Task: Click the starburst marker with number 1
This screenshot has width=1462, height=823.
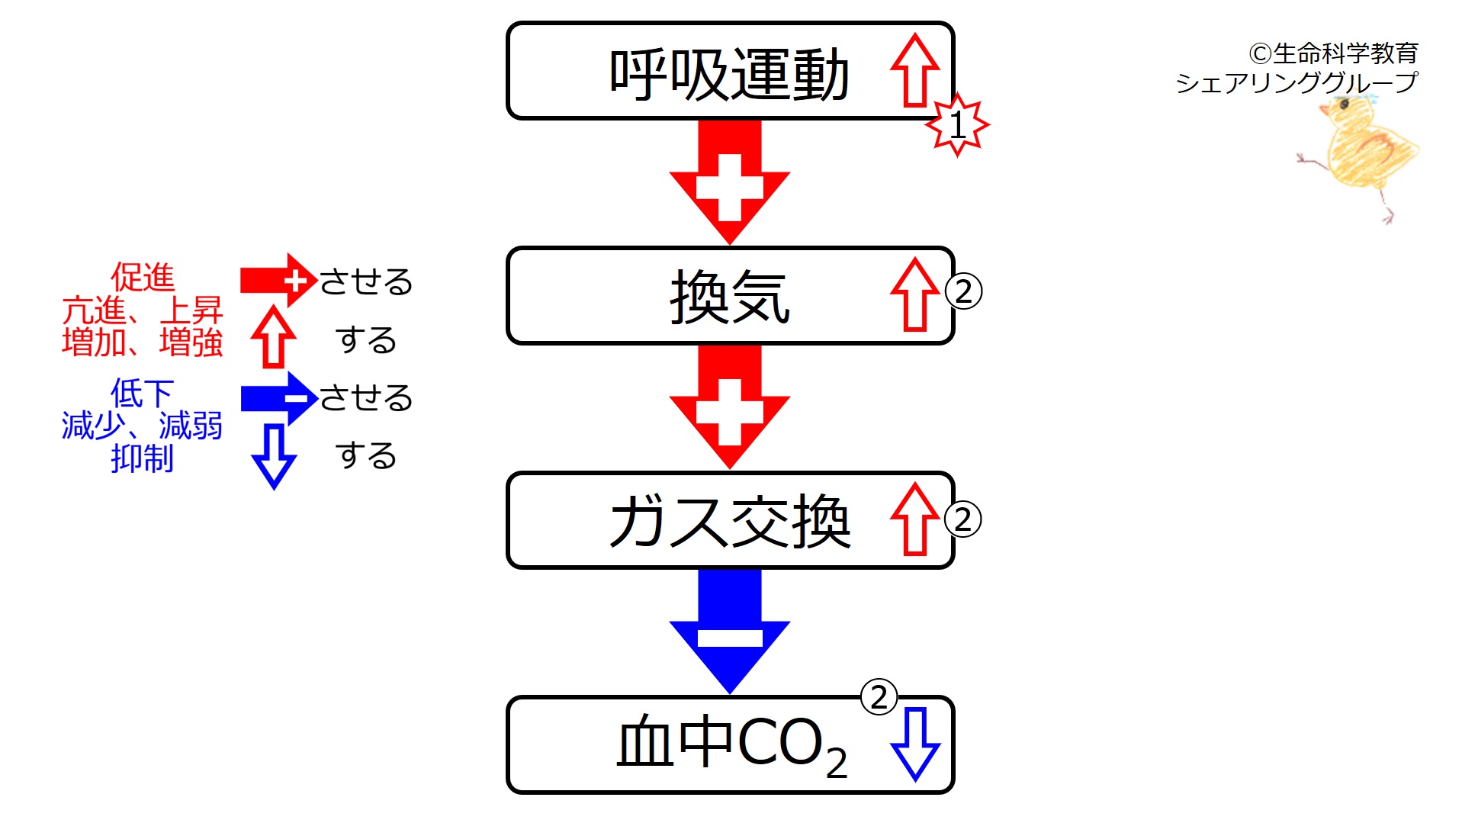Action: pos(957,124)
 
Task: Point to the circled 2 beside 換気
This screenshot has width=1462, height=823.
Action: pos(963,291)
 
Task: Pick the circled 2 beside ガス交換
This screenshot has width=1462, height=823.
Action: pos(962,519)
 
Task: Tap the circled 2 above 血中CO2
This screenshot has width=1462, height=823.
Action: pos(879,697)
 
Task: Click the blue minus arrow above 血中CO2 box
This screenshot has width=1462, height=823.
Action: pos(729,631)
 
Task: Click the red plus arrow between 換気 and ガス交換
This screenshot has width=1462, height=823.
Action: pos(729,407)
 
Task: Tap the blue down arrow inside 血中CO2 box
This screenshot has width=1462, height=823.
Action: pos(914,744)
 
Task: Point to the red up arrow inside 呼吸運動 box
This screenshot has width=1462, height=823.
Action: pos(914,71)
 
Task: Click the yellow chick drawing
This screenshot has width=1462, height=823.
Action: pos(1361,153)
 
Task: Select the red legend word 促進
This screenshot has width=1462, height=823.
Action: pos(143,277)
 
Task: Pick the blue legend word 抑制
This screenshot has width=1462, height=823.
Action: pos(143,458)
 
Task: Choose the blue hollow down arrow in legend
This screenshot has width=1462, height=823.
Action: pos(273,456)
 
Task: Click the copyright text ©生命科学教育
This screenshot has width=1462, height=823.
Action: pos(1333,53)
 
